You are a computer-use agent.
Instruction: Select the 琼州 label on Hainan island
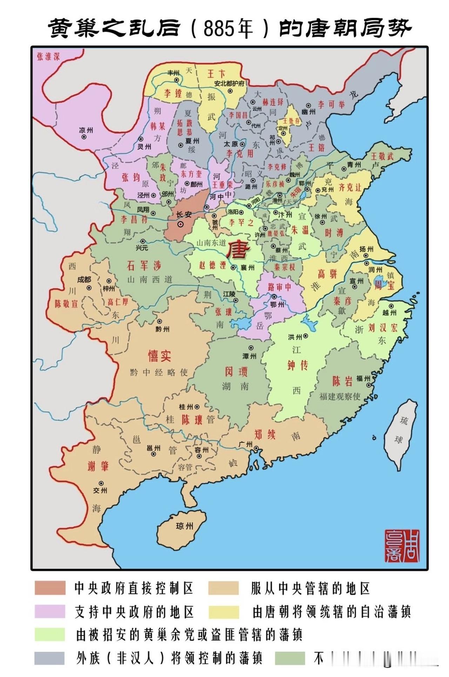click(185, 526)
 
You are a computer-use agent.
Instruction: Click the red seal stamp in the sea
click(401, 546)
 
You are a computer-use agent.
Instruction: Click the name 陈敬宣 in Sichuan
click(66, 304)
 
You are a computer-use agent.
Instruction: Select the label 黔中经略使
click(159, 373)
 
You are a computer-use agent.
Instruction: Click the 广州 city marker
click(257, 449)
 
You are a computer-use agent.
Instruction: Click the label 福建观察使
click(340, 396)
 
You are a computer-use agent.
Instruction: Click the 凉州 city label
click(86, 130)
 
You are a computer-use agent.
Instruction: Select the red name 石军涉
click(144, 266)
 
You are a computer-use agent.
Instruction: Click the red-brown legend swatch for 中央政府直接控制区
click(50, 588)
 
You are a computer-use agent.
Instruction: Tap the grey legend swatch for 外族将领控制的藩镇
click(50, 658)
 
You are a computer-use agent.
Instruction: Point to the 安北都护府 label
click(229, 83)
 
